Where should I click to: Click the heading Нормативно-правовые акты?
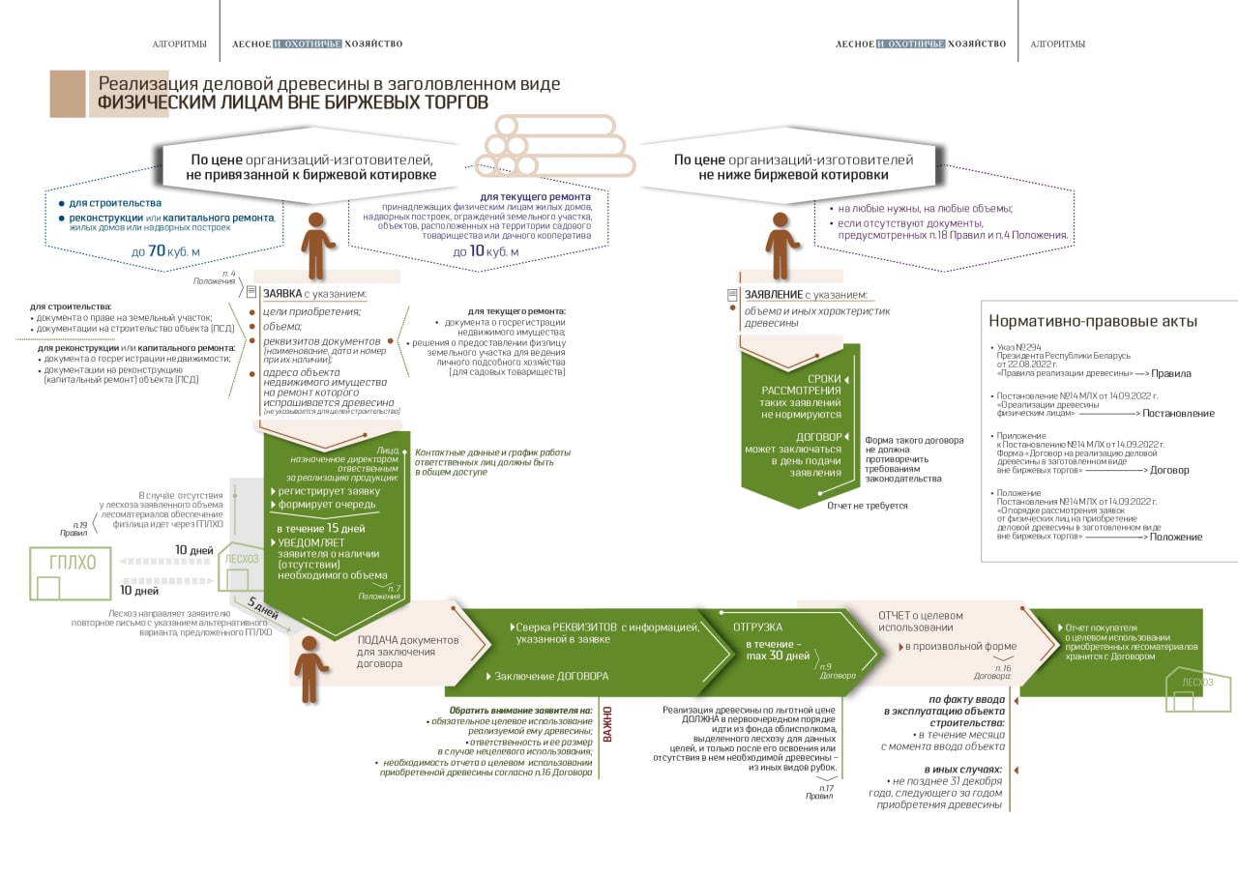tap(1093, 322)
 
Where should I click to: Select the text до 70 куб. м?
tap(165, 252)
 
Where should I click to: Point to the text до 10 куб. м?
tap(486, 252)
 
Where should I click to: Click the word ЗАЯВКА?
tap(281, 293)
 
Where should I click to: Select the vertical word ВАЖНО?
tap(608, 724)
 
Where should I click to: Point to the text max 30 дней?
tap(778, 656)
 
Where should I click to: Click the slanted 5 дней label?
tap(262, 609)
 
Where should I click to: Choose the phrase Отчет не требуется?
tap(867, 506)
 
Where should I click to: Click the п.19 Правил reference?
tap(74, 529)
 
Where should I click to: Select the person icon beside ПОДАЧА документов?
tap(309, 667)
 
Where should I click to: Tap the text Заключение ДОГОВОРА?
tap(551, 676)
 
